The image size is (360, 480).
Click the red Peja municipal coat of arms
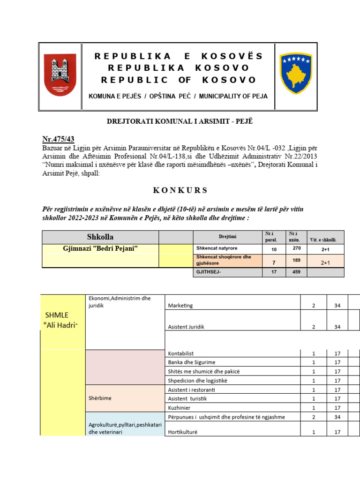click(60, 75)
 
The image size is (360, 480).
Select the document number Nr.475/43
click(59, 139)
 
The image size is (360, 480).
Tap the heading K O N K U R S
click(180, 190)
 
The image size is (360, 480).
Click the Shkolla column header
click(100, 237)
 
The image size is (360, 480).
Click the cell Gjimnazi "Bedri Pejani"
click(100, 248)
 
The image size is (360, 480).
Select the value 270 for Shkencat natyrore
click(296, 248)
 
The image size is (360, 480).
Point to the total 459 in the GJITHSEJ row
click(296, 272)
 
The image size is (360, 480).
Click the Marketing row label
click(180, 306)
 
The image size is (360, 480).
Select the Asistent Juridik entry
click(186, 327)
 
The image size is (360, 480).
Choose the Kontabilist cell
click(181, 353)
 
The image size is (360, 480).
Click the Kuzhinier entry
click(179, 408)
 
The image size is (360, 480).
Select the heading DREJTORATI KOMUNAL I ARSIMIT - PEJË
click(180, 122)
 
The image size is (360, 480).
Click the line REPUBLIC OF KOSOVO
click(179, 80)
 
